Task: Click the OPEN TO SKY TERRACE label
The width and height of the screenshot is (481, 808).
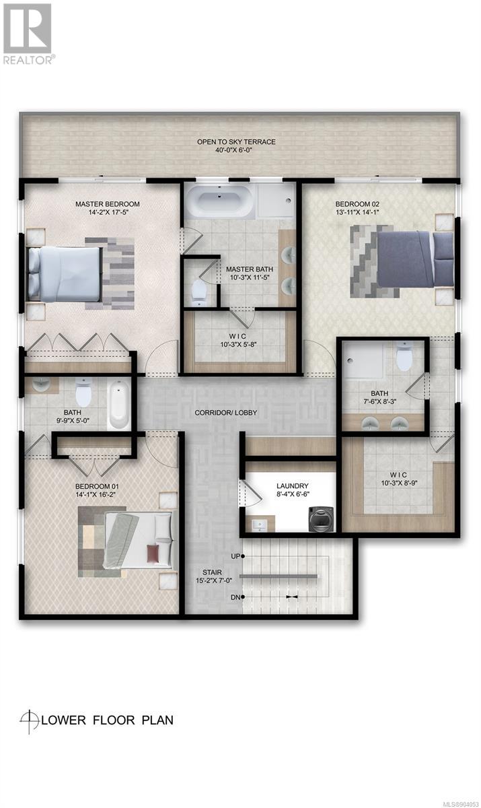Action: click(236, 142)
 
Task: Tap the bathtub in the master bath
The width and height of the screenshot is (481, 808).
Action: click(219, 200)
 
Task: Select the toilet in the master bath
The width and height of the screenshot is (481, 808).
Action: click(197, 293)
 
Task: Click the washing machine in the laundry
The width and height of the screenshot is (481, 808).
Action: click(322, 519)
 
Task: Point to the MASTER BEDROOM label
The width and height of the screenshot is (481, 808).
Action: click(108, 204)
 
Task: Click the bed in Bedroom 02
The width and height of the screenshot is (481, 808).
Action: click(414, 259)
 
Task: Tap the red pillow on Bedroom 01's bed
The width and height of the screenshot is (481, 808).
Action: click(153, 552)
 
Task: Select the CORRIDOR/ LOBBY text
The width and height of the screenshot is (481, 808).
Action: click(226, 412)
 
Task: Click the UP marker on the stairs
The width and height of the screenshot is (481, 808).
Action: click(237, 557)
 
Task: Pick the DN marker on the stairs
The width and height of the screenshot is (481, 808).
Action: click(237, 597)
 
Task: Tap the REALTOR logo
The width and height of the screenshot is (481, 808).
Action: click(28, 34)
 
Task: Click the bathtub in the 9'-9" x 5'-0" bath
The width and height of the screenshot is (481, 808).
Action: click(118, 405)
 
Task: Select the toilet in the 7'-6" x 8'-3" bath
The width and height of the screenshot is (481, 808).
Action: click(403, 357)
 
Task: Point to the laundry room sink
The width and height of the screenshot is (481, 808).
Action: click(259, 523)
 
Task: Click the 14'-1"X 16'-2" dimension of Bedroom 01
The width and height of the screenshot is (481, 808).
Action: click(96, 495)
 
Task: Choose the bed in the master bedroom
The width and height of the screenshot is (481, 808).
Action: click(64, 274)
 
